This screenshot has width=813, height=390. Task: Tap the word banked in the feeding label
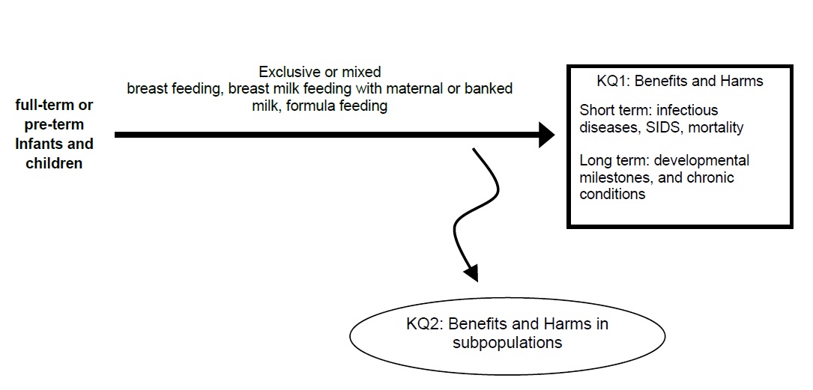[489, 89]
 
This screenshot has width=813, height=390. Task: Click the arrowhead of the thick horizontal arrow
[545, 135]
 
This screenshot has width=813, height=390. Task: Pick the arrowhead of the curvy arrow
[470, 272]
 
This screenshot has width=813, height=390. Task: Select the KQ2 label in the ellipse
[421, 325]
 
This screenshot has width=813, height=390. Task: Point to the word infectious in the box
[689, 111]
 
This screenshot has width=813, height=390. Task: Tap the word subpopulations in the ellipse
[507, 343]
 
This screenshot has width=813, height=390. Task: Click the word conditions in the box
[611, 195]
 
